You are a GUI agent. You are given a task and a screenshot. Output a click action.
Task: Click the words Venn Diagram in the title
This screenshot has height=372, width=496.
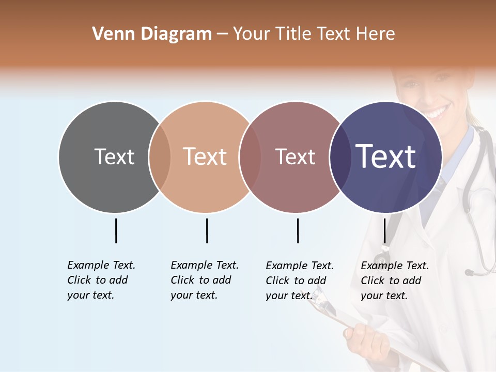point(152,34)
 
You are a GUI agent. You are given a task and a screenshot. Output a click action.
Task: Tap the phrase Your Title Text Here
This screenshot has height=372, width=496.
point(314,34)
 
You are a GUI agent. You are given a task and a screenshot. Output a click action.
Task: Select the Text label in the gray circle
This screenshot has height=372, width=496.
point(114,157)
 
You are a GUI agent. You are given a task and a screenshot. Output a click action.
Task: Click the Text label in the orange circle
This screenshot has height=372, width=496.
point(205,157)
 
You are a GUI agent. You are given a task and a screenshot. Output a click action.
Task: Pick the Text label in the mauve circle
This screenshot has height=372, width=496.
point(295,157)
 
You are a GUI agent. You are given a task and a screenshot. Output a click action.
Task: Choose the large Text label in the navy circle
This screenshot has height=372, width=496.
point(386,157)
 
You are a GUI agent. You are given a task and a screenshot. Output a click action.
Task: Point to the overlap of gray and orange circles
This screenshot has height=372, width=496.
point(160,157)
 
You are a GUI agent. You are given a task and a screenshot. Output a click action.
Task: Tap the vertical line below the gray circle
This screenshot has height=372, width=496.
point(116,230)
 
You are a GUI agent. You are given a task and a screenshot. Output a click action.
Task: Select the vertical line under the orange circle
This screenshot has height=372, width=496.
point(207,230)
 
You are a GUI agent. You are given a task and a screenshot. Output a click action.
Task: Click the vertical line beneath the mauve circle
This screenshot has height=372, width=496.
point(298,230)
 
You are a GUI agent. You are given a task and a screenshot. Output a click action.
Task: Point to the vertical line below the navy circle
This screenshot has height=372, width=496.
point(384,230)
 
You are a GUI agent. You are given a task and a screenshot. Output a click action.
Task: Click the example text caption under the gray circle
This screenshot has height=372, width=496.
point(101,280)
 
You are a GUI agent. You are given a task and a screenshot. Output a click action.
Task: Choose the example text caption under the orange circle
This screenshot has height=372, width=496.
point(205,280)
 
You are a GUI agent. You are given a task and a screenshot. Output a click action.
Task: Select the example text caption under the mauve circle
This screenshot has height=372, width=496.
point(300,281)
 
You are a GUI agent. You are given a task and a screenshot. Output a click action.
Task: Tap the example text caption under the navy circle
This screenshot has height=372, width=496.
point(395,281)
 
